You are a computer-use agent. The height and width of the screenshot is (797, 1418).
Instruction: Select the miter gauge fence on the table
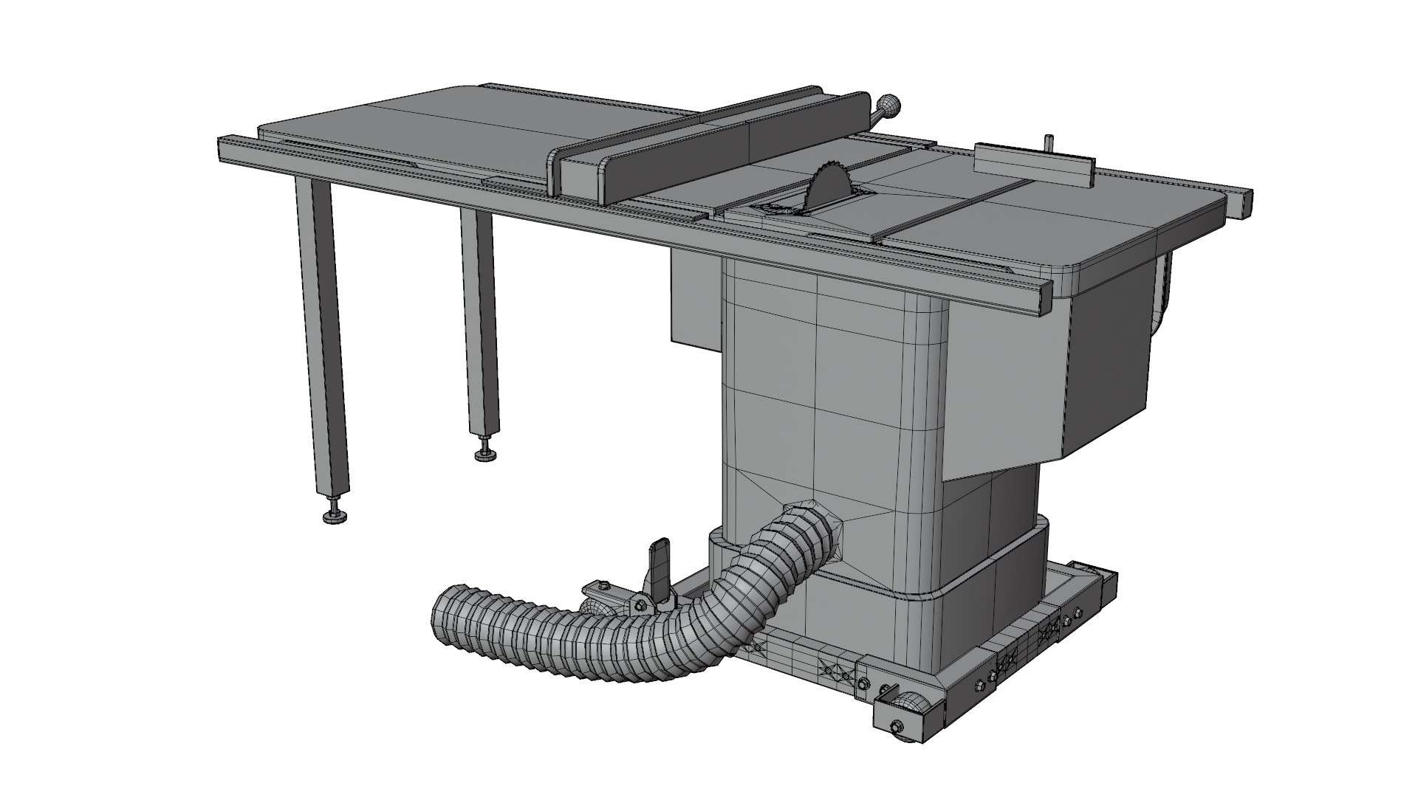coord(1033,162)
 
